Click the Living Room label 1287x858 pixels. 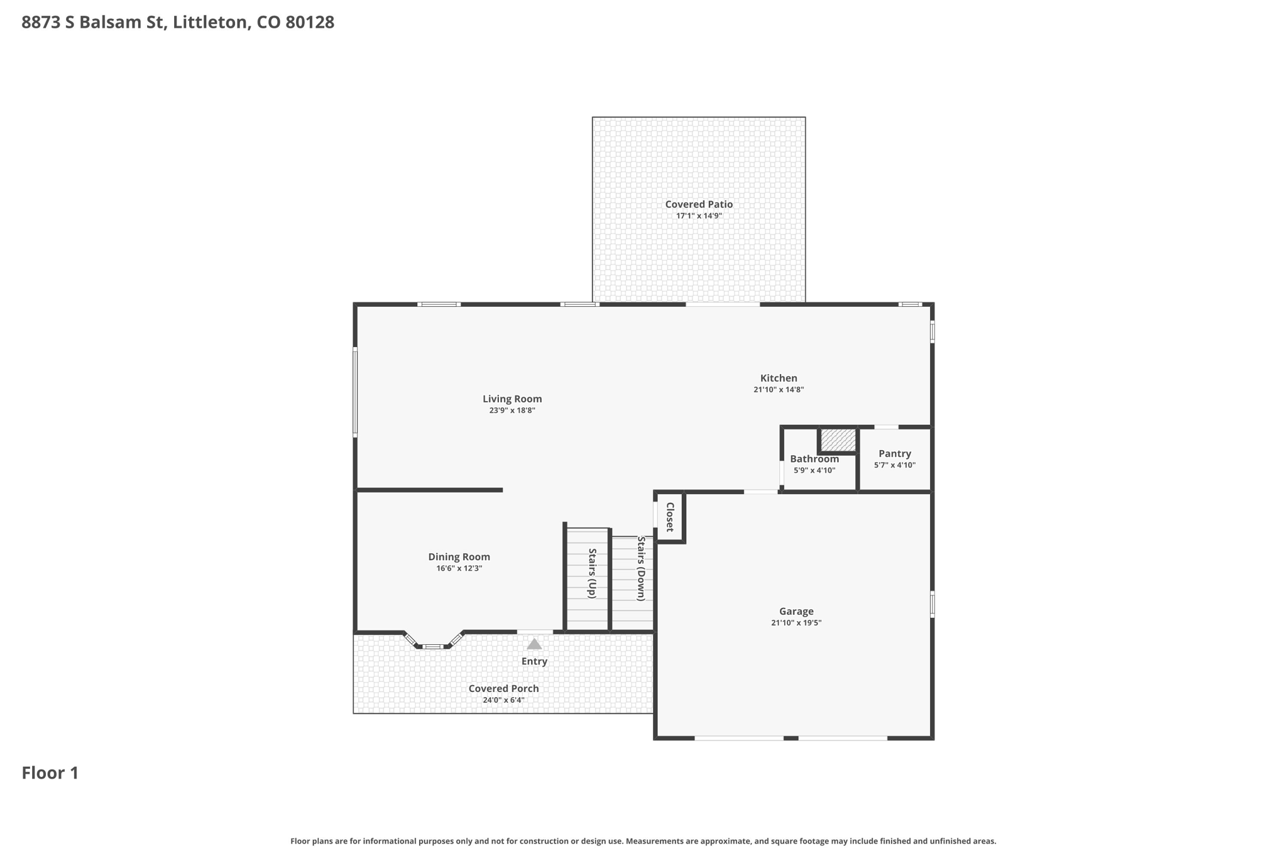click(512, 399)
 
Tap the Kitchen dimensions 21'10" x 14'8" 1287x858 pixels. click(779, 390)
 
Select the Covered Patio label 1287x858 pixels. click(699, 204)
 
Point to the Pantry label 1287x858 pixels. click(895, 454)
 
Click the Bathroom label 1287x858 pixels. click(814, 459)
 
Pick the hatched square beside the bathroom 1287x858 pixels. click(838, 440)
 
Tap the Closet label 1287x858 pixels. click(670, 517)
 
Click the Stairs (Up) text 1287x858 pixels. click(592, 573)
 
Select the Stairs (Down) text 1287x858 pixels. click(641, 568)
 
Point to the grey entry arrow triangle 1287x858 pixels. click(534, 644)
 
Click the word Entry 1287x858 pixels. click(534, 661)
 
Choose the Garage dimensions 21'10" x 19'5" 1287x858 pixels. click(796, 623)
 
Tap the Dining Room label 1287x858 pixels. click(459, 557)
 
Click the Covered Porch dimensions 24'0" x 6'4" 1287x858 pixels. click(503, 700)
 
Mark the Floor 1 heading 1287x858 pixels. click(50, 773)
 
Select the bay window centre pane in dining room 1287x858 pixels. click(432, 647)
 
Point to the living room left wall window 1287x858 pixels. click(355, 392)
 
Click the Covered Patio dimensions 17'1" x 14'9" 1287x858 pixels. click(699, 216)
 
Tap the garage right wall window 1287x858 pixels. click(932, 604)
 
